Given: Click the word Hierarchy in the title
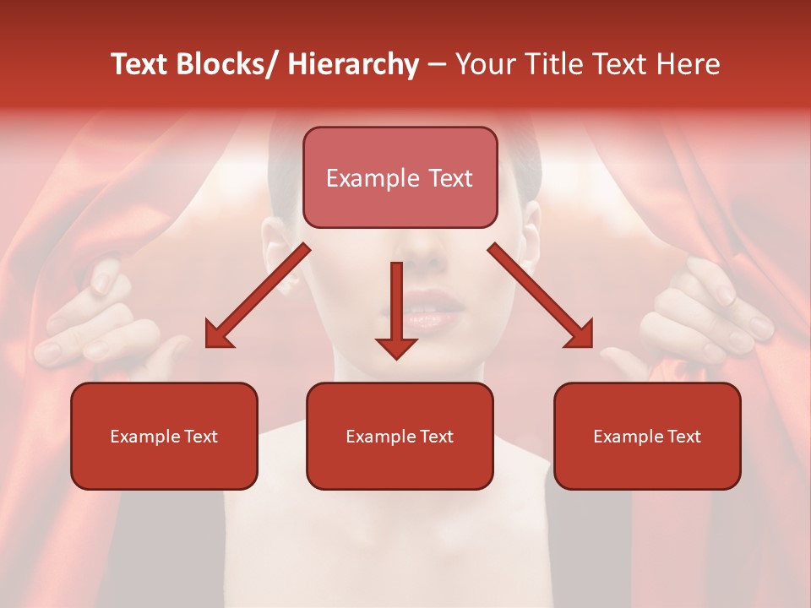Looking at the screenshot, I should [353, 65].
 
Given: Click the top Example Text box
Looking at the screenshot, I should [400, 177].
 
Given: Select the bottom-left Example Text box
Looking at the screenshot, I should [164, 436].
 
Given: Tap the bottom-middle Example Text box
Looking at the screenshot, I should [400, 436].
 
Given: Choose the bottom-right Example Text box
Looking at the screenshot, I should [647, 436].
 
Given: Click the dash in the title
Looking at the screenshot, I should [437, 65].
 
